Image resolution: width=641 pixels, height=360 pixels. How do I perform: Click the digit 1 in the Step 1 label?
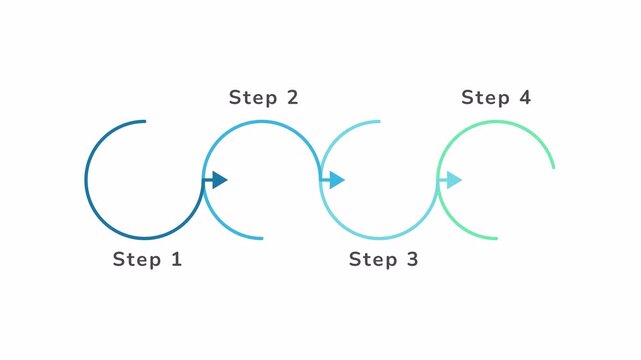coord(177,260)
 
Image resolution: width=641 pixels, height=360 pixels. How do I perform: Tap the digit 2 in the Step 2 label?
coord(291,98)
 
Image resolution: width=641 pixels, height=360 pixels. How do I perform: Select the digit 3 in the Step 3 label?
coord(412,260)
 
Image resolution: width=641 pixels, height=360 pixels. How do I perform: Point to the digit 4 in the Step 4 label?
coord(525,98)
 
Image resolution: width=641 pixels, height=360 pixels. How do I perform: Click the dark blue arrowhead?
coord(219,180)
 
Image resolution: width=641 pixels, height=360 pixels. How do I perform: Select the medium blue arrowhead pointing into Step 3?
coord(337,180)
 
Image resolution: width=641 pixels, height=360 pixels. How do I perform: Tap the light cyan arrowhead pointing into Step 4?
coord(454,180)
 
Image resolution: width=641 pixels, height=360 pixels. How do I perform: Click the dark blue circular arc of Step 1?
coord(87,180)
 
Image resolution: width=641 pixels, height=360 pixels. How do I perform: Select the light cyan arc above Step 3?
coord(350,126)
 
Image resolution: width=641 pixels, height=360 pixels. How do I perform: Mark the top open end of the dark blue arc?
coord(145,122)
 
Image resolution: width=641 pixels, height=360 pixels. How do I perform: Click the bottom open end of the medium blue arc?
coord(262,238)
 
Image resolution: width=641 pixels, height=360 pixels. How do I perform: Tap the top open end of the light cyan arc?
coord(379,122)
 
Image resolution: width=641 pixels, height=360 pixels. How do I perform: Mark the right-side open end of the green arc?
coord(553,167)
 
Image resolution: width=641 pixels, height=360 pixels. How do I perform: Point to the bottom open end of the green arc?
coord(496,238)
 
